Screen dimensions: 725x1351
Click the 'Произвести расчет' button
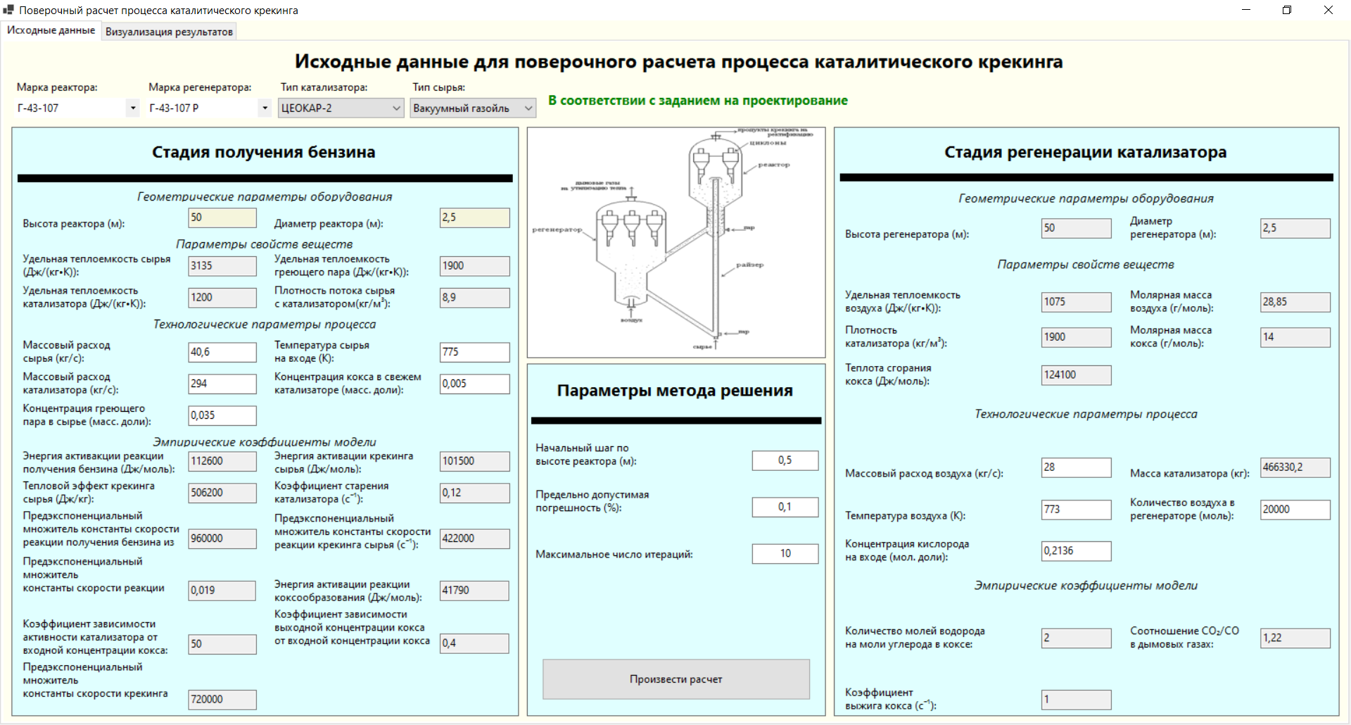coord(675,679)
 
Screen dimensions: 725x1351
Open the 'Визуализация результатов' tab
coord(169,32)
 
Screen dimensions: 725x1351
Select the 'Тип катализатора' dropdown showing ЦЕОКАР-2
coord(341,108)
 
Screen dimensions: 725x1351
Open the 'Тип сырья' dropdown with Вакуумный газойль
coord(473,108)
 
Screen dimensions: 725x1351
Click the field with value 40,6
coord(222,352)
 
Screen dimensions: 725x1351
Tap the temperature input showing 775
coord(474,352)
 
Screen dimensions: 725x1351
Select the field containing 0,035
coord(222,415)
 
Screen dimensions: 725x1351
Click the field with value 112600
coord(222,461)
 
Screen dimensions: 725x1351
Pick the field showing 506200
coord(222,493)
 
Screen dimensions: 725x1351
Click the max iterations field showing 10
coord(785,554)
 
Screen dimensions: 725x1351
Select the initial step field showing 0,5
coord(785,460)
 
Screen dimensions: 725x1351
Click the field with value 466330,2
coord(1295,467)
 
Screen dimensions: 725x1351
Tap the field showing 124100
coord(1076,375)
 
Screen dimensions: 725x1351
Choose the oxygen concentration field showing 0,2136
coord(1076,551)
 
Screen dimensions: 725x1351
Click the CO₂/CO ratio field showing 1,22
coord(1295,638)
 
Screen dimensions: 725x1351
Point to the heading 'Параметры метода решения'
coord(675,391)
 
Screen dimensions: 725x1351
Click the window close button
coord(1328,10)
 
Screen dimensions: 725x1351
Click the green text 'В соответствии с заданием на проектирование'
coord(698,101)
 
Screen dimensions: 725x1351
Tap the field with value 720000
coord(222,700)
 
